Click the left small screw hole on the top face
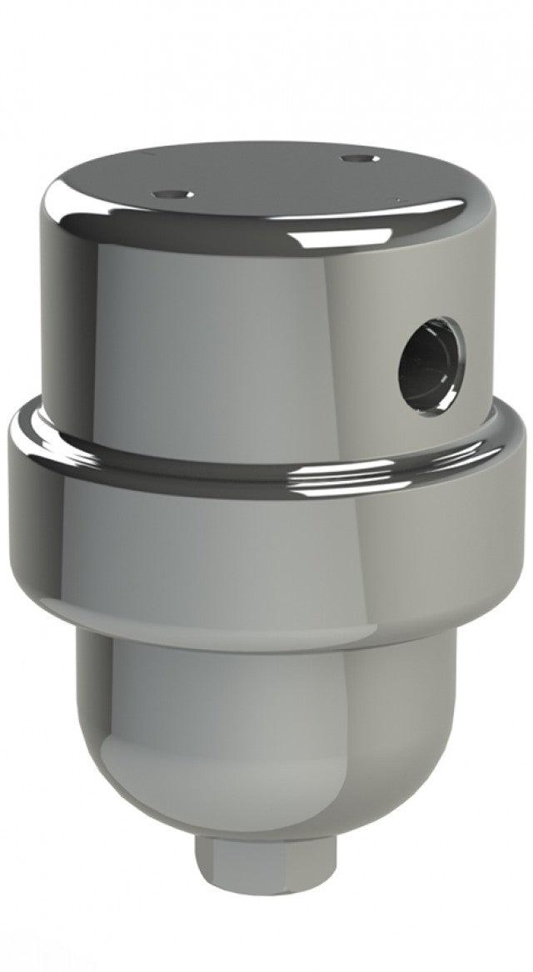(173, 194)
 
